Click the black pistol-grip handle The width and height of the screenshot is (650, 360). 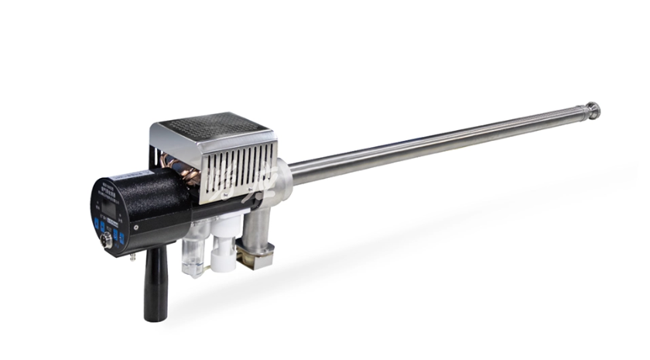tap(156, 286)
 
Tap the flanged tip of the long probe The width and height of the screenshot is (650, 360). tap(592, 109)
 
